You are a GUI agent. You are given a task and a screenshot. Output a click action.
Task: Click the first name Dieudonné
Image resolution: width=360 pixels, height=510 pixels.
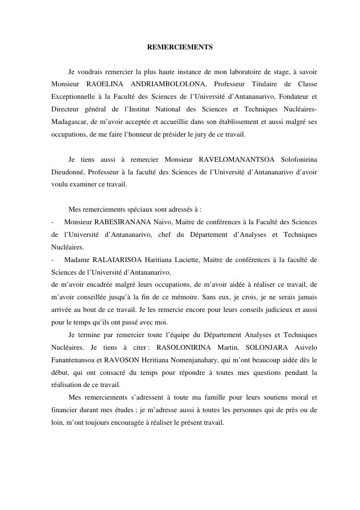coord(68,172)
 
